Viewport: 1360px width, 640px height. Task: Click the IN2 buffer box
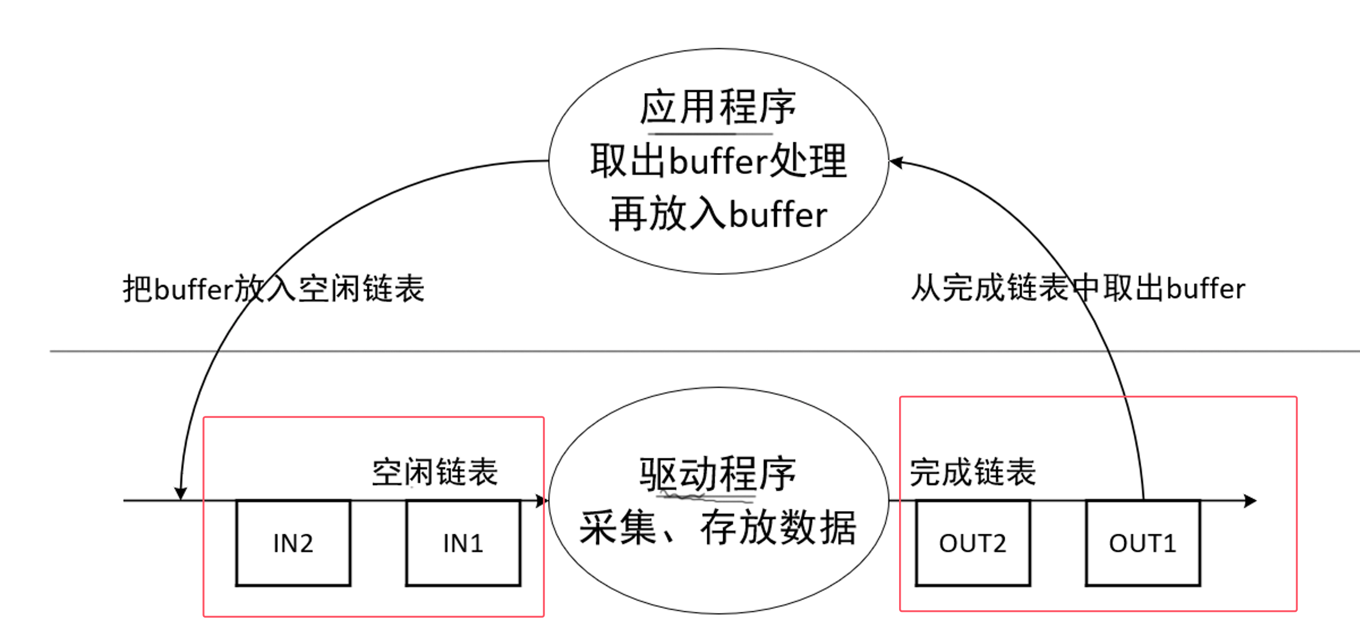(x=293, y=543)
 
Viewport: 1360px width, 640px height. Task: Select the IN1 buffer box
(x=463, y=543)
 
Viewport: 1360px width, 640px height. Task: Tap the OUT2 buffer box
(x=973, y=543)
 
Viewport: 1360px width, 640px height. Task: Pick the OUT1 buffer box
(x=1143, y=543)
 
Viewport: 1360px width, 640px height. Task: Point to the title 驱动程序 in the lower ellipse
(x=718, y=473)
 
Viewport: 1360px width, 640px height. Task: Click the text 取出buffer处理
(x=718, y=161)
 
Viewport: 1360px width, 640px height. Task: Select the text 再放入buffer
(x=718, y=214)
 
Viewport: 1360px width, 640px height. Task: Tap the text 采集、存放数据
(x=718, y=527)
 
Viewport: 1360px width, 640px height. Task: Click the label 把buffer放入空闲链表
(x=273, y=289)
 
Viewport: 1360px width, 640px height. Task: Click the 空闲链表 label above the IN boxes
(x=434, y=472)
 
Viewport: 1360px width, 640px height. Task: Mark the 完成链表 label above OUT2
(x=973, y=472)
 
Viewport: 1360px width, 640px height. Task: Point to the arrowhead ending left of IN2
(x=181, y=493)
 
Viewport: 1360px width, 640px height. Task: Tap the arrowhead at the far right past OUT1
(x=1251, y=500)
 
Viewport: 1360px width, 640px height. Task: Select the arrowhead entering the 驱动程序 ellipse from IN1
(x=541, y=500)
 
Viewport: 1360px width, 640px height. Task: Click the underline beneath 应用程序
(x=710, y=134)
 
